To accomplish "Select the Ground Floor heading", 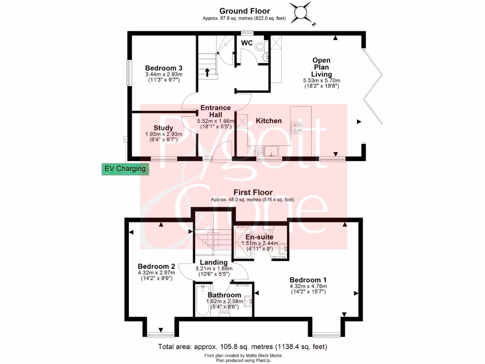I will [x=245, y=11].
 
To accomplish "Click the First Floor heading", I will [x=252, y=192].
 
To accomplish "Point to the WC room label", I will [x=247, y=43].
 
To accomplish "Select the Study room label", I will [x=163, y=128].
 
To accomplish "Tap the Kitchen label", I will [x=269, y=121].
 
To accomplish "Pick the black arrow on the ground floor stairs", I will [x=207, y=73].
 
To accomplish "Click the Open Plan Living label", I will [x=321, y=67].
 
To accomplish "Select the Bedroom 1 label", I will [x=308, y=279].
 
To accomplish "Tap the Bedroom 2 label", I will [x=156, y=266].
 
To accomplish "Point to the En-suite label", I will [x=258, y=237].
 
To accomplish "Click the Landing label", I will [x=214, y=262].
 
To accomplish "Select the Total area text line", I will [x=242, y=347].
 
